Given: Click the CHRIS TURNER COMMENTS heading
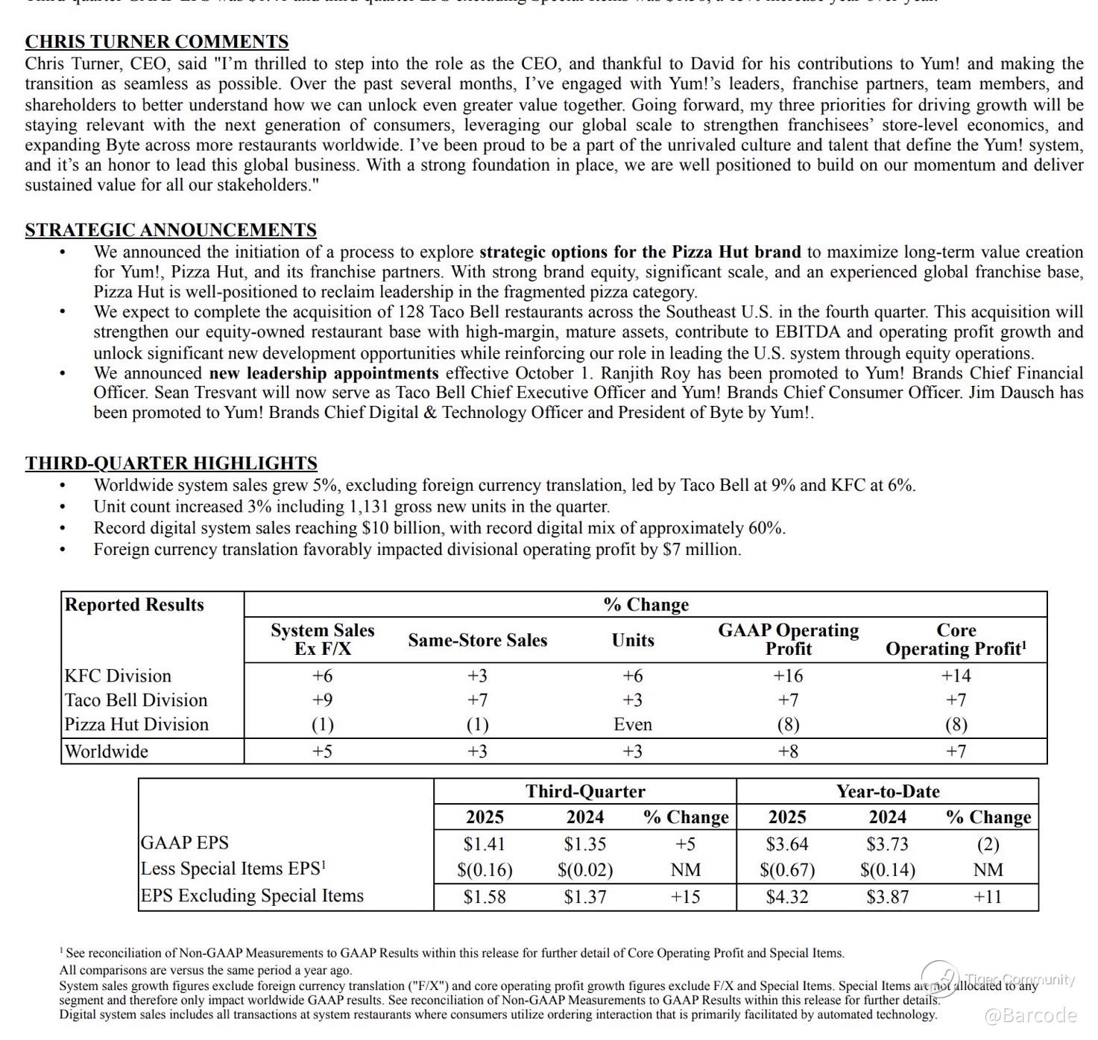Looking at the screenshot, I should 157,42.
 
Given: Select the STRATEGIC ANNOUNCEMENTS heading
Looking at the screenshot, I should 171,230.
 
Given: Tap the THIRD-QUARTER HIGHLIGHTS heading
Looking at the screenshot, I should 171,463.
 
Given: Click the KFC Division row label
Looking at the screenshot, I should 118,676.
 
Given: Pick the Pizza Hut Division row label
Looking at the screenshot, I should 136,724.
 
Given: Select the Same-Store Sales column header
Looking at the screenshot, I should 477,640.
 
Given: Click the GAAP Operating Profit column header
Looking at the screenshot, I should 788,639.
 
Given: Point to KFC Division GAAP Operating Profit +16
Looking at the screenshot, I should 788,676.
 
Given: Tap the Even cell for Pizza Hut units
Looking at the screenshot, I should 632,724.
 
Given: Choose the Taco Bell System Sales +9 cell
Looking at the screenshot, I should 322,700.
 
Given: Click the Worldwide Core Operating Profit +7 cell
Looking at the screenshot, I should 956,751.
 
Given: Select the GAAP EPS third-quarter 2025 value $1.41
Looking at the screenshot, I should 484,844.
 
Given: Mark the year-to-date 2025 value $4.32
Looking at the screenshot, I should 786,897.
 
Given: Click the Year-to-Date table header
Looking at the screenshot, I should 887,791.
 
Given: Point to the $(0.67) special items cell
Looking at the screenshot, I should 786,870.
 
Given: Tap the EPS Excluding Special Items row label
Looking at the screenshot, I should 252,895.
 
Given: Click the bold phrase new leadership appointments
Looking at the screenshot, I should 324,373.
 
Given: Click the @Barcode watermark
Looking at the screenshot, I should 1030,1015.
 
